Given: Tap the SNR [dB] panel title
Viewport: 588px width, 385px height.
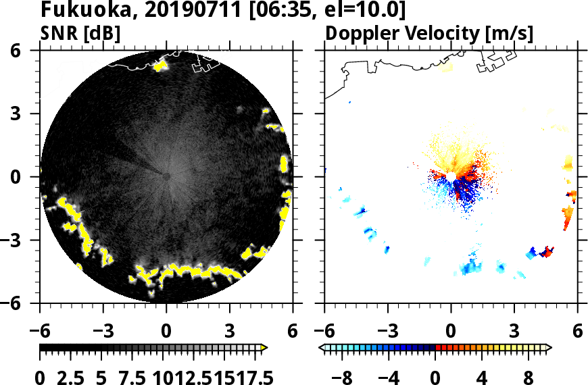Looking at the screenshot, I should click(81, 33).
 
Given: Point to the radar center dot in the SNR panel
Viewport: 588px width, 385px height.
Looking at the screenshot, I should click(166, 176).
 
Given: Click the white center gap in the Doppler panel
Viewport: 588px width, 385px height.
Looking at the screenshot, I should click(450, 176).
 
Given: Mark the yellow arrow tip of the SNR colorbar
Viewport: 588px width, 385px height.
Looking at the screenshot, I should click(264, 348).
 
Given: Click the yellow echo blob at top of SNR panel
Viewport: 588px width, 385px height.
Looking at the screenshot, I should click(160, 66).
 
